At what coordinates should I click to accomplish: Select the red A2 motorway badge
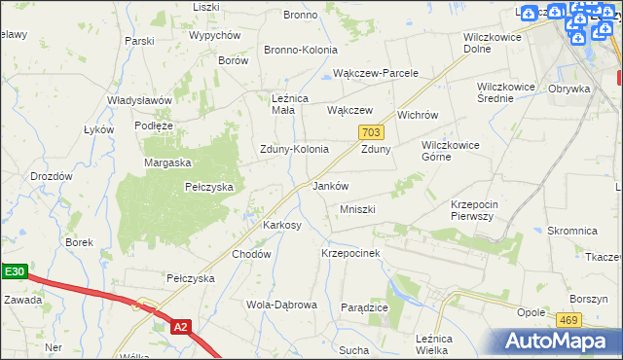[x=180, y=328]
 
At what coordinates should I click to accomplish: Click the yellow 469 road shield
[x=568, y=319]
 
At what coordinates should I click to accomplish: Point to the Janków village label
[x=330, y=185]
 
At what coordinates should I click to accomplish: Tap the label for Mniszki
[x=357, y=209]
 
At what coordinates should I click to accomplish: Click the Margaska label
[x=167, y=162]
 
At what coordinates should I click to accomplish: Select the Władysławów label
[x=139, y=100]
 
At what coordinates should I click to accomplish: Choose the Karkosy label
[x=282, y=225]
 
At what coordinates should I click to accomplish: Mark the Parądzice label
[x=365, y=306]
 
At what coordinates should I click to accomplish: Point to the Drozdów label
[x=52, y=176]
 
